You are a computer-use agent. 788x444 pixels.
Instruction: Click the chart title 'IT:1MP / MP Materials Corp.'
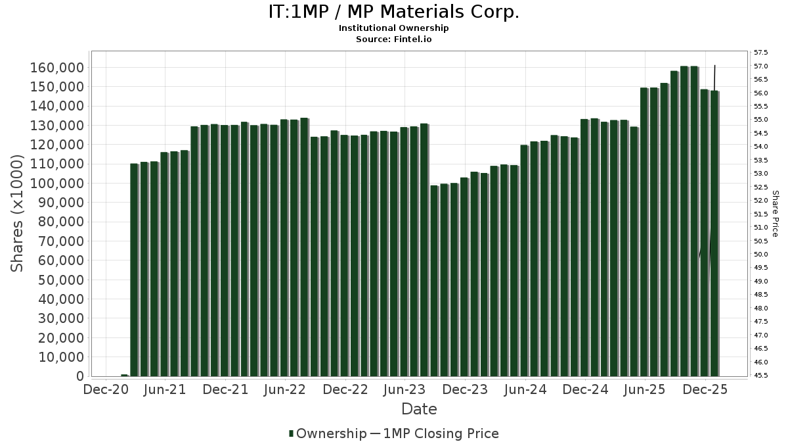[x=393, y=12]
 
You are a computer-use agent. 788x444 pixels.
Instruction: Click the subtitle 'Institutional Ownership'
[x=393, y=28]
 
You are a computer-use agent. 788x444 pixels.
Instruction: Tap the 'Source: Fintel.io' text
[x=393, y=39]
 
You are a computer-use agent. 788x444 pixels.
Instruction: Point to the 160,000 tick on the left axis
[x=58, y=68]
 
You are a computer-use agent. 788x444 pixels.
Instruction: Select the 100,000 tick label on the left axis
[x=58, y=184]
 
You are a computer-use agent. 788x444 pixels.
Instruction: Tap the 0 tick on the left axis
[x=79, y=376]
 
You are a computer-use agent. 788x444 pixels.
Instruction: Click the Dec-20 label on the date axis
[x=105, y=389]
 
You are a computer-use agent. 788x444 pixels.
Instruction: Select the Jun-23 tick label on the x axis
[x=405, y=389]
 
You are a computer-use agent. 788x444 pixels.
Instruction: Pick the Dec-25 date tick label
[x=705, y=389]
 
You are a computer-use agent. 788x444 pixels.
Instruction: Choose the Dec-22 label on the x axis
[x=345, y=389]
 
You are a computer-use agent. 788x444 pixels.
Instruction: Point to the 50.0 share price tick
[x=761, y=255]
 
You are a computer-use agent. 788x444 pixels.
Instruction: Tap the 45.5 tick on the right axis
[x=761, y=376]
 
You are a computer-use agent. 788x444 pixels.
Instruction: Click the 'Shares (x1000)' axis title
[x=18, y=213]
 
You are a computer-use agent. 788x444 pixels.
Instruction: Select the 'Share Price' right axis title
[x=776, y=213]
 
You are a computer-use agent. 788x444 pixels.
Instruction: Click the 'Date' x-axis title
[x=419, y=409]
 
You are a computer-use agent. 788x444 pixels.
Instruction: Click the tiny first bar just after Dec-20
[x=124, y=375]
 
